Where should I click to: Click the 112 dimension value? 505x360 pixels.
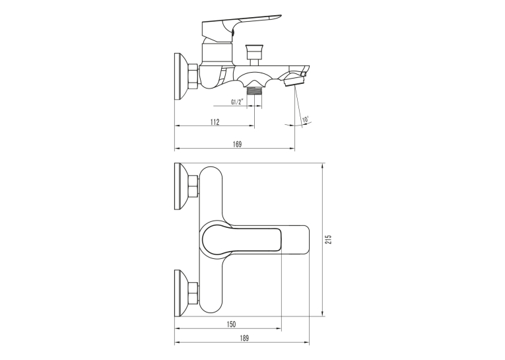[x=215, y=122]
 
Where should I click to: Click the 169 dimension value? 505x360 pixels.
[x=237, y=145]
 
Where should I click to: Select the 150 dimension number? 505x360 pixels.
[x=231, y=324]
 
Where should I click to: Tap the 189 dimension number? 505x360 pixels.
[x=244, y=338]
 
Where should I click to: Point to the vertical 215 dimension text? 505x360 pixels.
[x=328, y=239]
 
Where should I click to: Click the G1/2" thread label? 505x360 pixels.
[x=237, y=102]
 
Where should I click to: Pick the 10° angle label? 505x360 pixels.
[x=306, y=120]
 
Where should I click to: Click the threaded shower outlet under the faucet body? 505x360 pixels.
[x=254, y=90]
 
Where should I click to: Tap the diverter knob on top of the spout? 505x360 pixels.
[x=255, y=54]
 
